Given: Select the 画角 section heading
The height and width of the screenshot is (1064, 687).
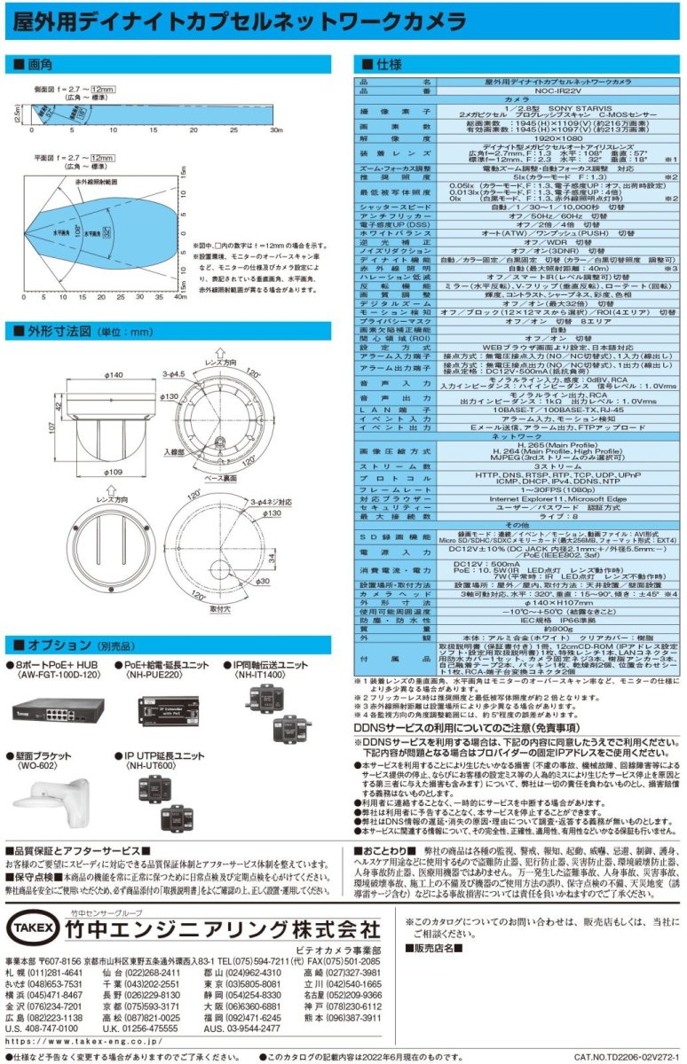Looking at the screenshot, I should tap(41, 65).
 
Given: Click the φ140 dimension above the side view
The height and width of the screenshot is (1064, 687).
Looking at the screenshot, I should tap(114, 351).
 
